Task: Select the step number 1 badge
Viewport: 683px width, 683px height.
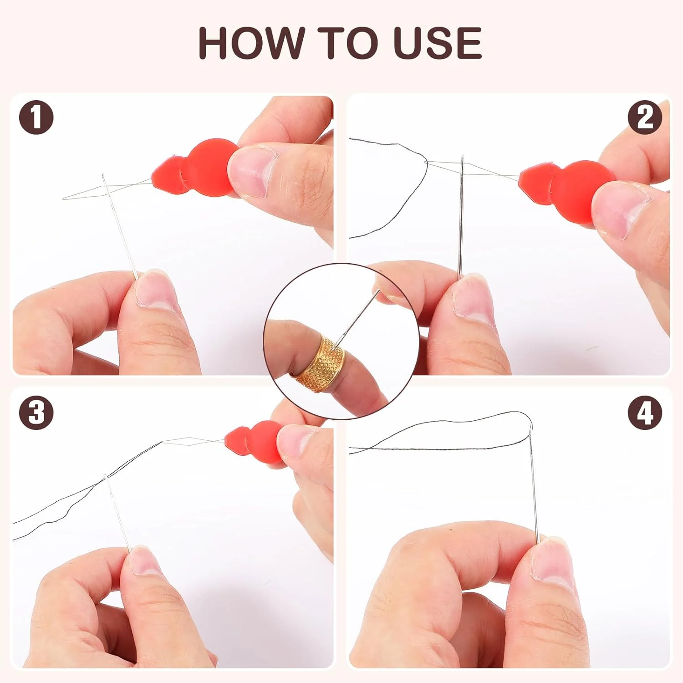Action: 36,117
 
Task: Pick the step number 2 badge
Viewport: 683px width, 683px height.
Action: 645,117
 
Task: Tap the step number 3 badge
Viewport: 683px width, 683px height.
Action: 36,413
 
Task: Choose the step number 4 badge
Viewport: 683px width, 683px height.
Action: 645,413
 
